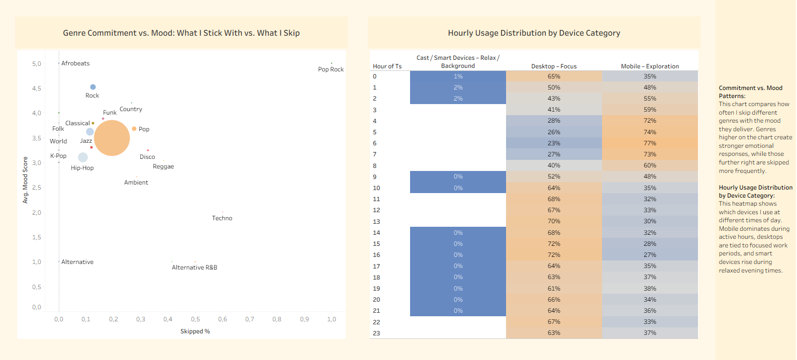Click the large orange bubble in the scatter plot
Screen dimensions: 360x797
112,138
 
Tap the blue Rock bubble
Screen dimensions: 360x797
93,87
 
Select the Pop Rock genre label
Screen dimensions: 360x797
331,69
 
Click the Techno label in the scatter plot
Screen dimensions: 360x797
222,218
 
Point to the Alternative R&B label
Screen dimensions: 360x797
194,267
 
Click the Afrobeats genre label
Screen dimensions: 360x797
75,63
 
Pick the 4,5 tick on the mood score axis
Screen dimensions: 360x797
37,88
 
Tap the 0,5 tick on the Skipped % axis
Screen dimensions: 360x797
195,319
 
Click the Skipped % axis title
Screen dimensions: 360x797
195,331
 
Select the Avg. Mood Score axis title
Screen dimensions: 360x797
25,180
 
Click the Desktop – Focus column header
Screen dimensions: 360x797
554,66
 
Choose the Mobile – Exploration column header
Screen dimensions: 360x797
650,66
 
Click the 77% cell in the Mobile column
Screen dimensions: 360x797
650,143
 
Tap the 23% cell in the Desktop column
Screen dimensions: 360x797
554,143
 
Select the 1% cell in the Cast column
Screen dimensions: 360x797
458,76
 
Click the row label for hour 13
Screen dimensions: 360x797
376,222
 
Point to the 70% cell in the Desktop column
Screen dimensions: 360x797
554,221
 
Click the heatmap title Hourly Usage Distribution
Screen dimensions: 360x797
534,33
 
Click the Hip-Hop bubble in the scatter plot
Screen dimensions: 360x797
83,157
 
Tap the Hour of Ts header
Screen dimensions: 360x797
387,66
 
